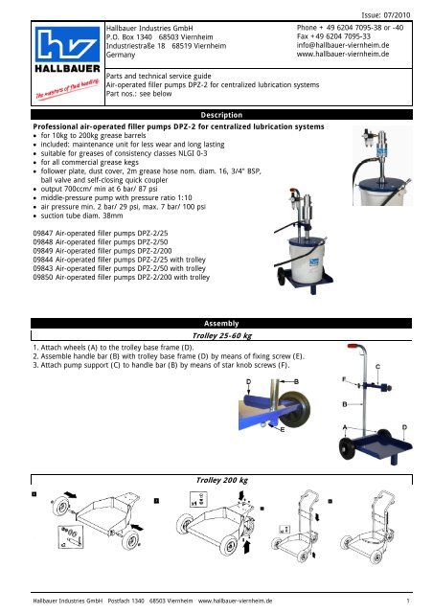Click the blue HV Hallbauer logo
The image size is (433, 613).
(67, 43)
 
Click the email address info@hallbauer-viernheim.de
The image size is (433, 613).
(343, 45)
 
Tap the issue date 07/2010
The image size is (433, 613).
(397, 15)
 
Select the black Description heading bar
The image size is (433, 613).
(221, 115)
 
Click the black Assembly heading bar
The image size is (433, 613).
(221, 324)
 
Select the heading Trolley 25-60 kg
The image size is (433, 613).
(222, 335)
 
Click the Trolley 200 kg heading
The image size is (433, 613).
(222, 480)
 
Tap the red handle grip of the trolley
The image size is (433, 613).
(353, 346)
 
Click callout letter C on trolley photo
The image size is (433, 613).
(377, 367)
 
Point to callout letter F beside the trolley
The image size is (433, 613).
(344, 379)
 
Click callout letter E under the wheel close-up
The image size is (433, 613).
(283, 430)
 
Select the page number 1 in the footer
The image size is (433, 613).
(408, 601)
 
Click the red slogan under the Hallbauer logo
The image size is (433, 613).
(67, 89)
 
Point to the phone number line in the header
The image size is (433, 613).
(350, 28)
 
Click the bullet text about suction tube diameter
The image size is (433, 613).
(81, 216)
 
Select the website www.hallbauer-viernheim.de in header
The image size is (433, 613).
(343, 54)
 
